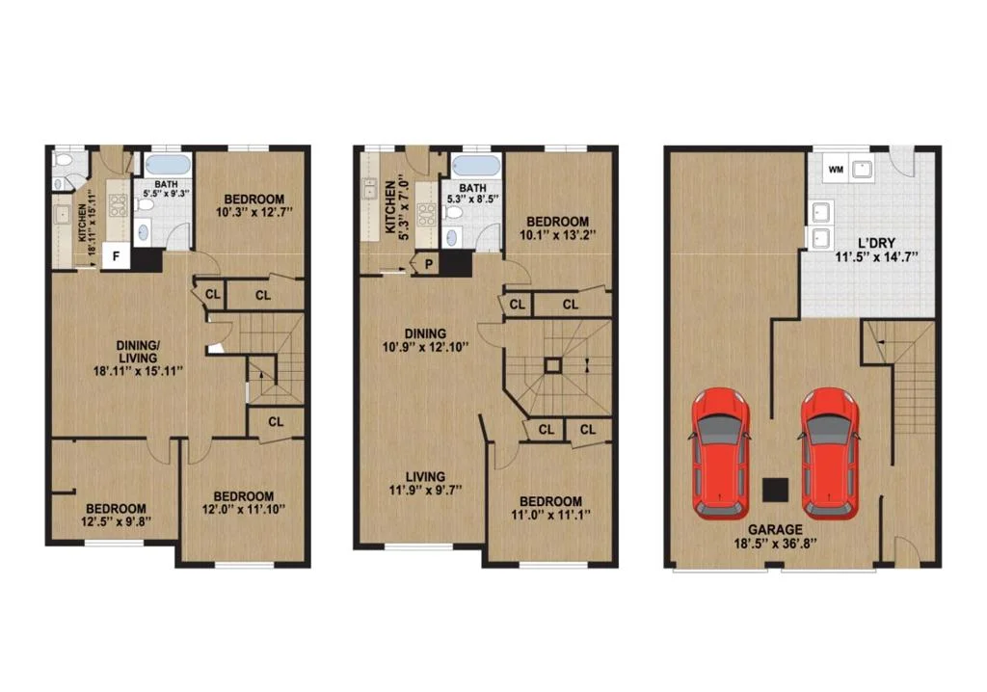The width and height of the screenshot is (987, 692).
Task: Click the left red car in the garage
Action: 721,453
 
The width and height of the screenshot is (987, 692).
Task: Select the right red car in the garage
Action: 830,453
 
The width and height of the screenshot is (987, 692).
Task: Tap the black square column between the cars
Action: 776,490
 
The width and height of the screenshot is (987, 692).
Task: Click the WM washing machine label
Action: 836,170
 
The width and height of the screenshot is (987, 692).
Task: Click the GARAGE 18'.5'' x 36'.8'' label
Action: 775,537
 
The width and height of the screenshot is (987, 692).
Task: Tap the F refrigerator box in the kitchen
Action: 116,255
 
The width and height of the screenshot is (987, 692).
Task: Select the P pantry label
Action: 429,264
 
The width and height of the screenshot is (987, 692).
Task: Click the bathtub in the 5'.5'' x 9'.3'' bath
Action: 166,166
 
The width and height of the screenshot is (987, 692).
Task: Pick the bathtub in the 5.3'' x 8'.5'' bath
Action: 476,167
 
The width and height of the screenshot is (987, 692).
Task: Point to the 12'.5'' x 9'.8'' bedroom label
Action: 116,515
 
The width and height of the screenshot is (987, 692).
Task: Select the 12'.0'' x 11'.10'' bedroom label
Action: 243,502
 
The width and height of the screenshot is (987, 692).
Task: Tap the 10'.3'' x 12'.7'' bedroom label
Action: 253,206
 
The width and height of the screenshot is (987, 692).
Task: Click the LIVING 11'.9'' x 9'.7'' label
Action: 425,483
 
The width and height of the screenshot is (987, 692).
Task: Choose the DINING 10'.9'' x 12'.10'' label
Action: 425,340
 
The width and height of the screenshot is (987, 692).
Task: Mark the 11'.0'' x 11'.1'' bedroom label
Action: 550,508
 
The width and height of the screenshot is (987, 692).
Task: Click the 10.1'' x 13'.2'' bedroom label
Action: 558,228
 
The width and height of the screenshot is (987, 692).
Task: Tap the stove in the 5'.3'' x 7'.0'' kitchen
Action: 427,214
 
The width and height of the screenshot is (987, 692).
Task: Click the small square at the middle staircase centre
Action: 552,366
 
